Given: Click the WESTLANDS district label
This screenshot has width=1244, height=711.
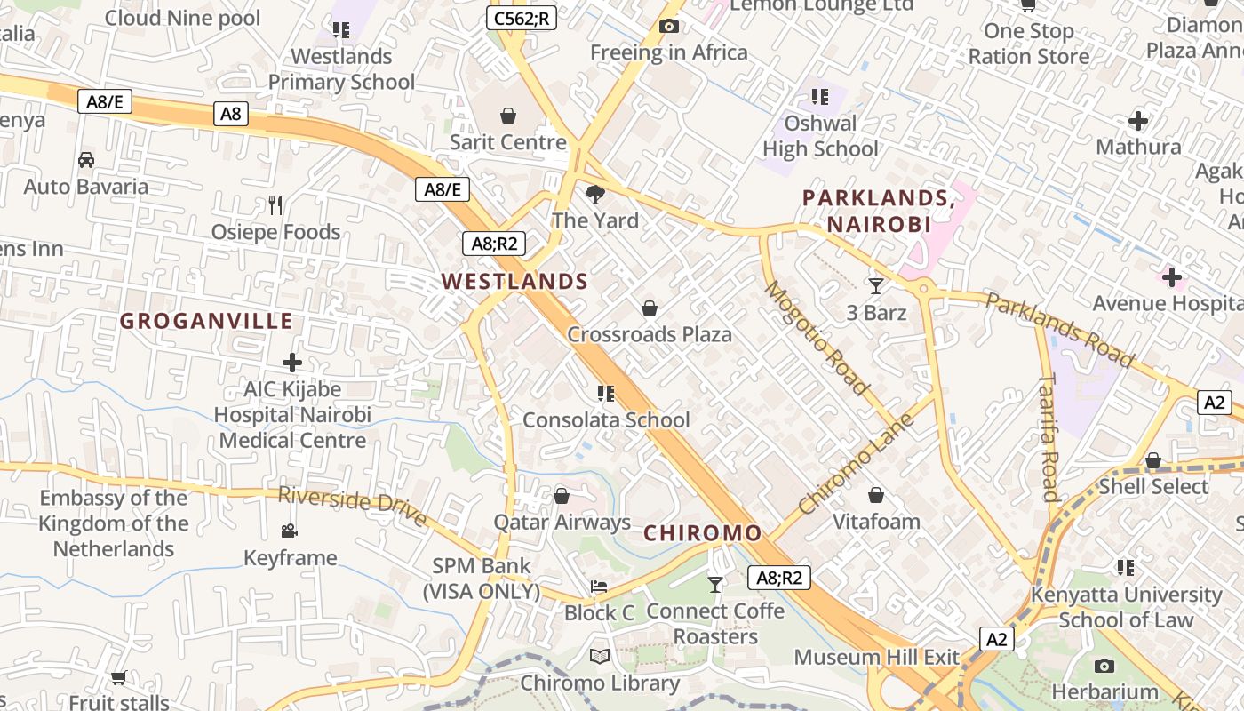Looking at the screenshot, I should [x=514, y=282].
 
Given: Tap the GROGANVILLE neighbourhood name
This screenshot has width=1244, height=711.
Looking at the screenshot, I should [x=206, y=321].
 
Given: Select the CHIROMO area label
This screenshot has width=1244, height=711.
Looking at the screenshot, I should [x=702, y=533].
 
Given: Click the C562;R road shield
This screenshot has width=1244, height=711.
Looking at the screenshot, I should [x=521, y=17].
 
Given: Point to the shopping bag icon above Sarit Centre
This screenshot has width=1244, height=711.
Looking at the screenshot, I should [x=508, y=116].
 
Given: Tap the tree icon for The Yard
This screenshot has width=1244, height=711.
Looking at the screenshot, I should [x=595, y=194].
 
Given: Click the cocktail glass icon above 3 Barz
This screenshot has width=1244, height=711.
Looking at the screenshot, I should [x=876, y=285].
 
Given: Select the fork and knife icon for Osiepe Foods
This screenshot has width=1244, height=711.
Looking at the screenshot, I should [x=275, y=205].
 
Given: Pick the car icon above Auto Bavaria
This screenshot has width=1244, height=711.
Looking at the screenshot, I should [x=86, y=160].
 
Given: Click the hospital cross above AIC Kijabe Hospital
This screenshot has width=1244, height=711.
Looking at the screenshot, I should [x=292, y=363].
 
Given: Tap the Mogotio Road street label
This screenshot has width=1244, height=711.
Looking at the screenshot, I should [x=816, y=338].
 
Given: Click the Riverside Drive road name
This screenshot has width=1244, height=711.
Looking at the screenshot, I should [x=352, y=506].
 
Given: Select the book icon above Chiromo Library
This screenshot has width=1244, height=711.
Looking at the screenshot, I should [x=600, y=657].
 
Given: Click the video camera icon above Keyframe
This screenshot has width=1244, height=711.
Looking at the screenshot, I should [x=290, y=531].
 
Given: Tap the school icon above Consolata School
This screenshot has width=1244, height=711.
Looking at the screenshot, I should [x=606, y=393].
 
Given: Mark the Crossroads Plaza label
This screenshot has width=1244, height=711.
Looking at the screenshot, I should [x=650, y=335].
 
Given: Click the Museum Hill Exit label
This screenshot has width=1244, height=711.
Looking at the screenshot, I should [x=876, y=658].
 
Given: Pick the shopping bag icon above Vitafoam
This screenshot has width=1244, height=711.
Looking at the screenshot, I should [x=876, y=495].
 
